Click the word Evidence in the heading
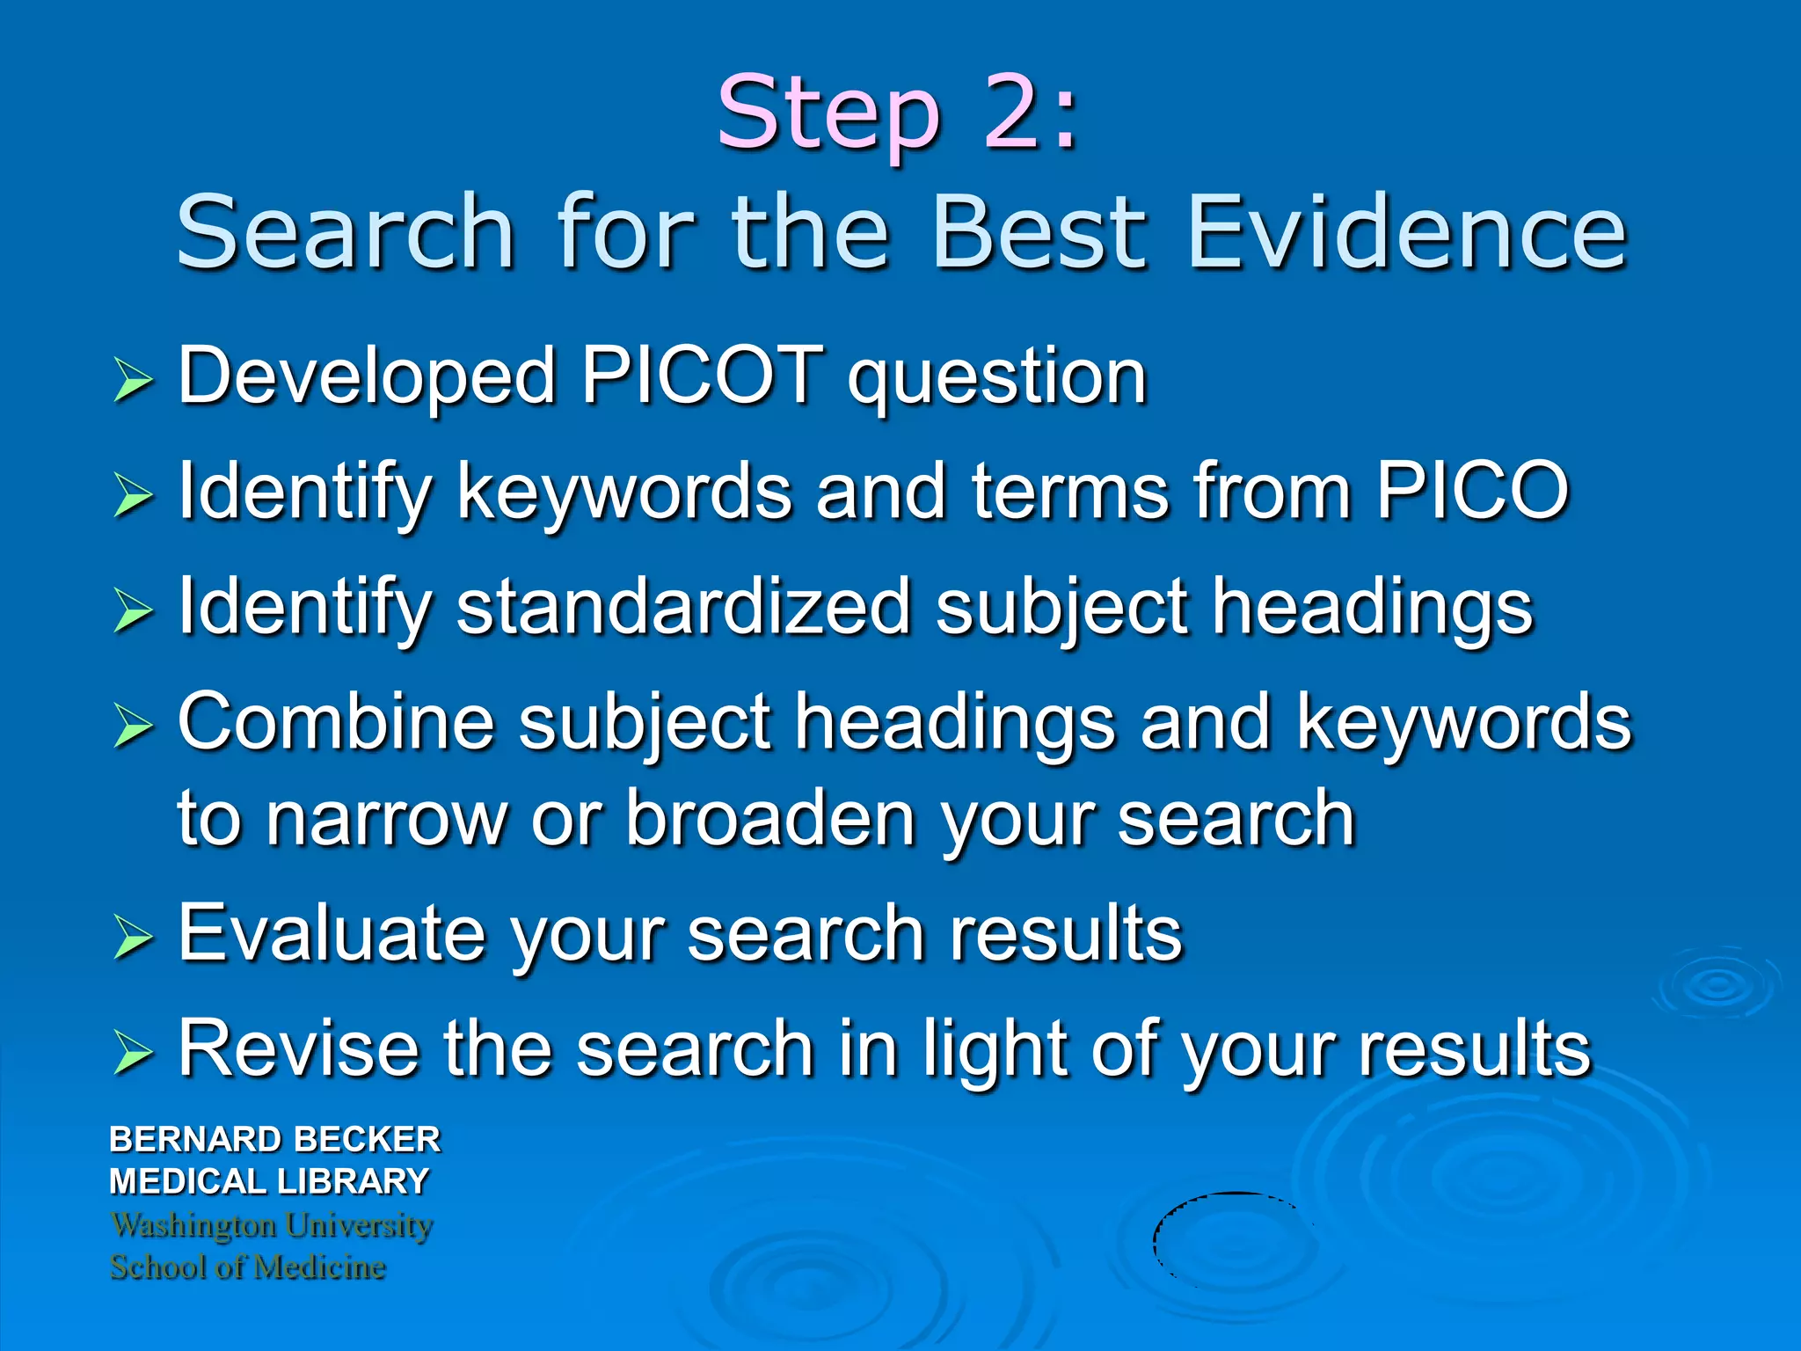[x=1406, y=232]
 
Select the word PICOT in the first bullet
[x=702, y=376]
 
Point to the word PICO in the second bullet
[x=1472, y=491]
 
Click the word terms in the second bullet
[x=1070, y=491]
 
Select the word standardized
[x=683, y=606]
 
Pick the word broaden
[x=770, y=819]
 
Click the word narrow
[x=387, y=819]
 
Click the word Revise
[x=298, y=1048]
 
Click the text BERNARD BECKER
[x=274, y=1139]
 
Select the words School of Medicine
[x=248, y=1267]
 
